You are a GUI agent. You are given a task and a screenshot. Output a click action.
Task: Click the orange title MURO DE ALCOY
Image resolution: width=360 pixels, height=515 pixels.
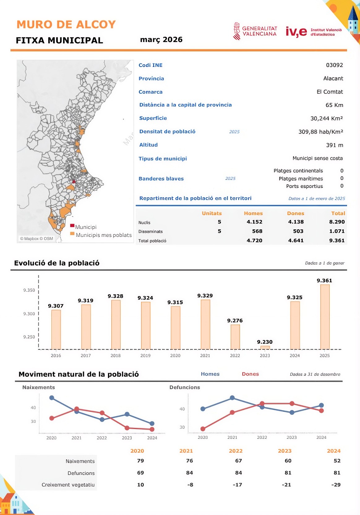tap(66, 24)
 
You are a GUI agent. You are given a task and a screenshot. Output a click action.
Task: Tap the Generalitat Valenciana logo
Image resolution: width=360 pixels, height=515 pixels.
tap(255, 31)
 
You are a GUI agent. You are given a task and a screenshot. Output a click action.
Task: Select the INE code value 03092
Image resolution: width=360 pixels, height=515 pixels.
tap(334, 65)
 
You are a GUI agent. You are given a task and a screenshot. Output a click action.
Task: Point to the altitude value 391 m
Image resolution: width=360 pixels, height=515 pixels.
tap(334, 145)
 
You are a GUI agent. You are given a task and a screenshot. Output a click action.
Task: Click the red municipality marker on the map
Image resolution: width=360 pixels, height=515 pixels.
tap(74, 181)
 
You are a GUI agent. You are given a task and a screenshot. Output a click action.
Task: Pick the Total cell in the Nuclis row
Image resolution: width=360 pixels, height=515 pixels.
tap(337, 222)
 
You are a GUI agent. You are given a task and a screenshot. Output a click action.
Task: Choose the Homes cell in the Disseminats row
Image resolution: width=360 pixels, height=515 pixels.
tap(257, 231)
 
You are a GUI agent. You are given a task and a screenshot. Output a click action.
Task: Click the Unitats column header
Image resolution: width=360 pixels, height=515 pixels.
tap(212, 213)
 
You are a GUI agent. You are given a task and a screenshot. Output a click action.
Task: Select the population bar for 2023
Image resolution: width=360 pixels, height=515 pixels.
tap(265, 347)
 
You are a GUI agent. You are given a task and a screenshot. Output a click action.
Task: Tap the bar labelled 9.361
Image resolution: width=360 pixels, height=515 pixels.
tap(325, 317)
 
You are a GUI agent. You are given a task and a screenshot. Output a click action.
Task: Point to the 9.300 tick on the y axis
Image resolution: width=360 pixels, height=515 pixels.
tap(29, 313)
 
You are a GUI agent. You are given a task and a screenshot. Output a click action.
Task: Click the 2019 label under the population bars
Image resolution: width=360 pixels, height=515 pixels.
tap(145, 355)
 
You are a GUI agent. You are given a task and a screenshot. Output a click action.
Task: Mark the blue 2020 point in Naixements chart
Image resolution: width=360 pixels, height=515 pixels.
tap(52, 398)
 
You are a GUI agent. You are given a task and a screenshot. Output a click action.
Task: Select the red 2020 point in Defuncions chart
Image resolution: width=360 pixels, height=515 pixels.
tap(203, 429)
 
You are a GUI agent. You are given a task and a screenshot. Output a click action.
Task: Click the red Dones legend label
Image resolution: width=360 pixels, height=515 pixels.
tap(250, 374)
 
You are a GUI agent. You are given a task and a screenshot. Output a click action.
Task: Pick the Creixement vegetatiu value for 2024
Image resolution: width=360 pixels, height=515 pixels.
tap(336, 485)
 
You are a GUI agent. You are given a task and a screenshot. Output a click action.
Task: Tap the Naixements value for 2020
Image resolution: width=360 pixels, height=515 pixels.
tap(140, 461)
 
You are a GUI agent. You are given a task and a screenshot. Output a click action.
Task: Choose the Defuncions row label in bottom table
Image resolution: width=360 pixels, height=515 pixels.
tap(81, 473)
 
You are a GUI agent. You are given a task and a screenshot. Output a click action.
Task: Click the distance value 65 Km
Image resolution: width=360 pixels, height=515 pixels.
tap(334, 105)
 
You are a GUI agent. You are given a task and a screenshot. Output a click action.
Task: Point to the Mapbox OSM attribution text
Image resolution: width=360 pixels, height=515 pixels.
tap(36, 238)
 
